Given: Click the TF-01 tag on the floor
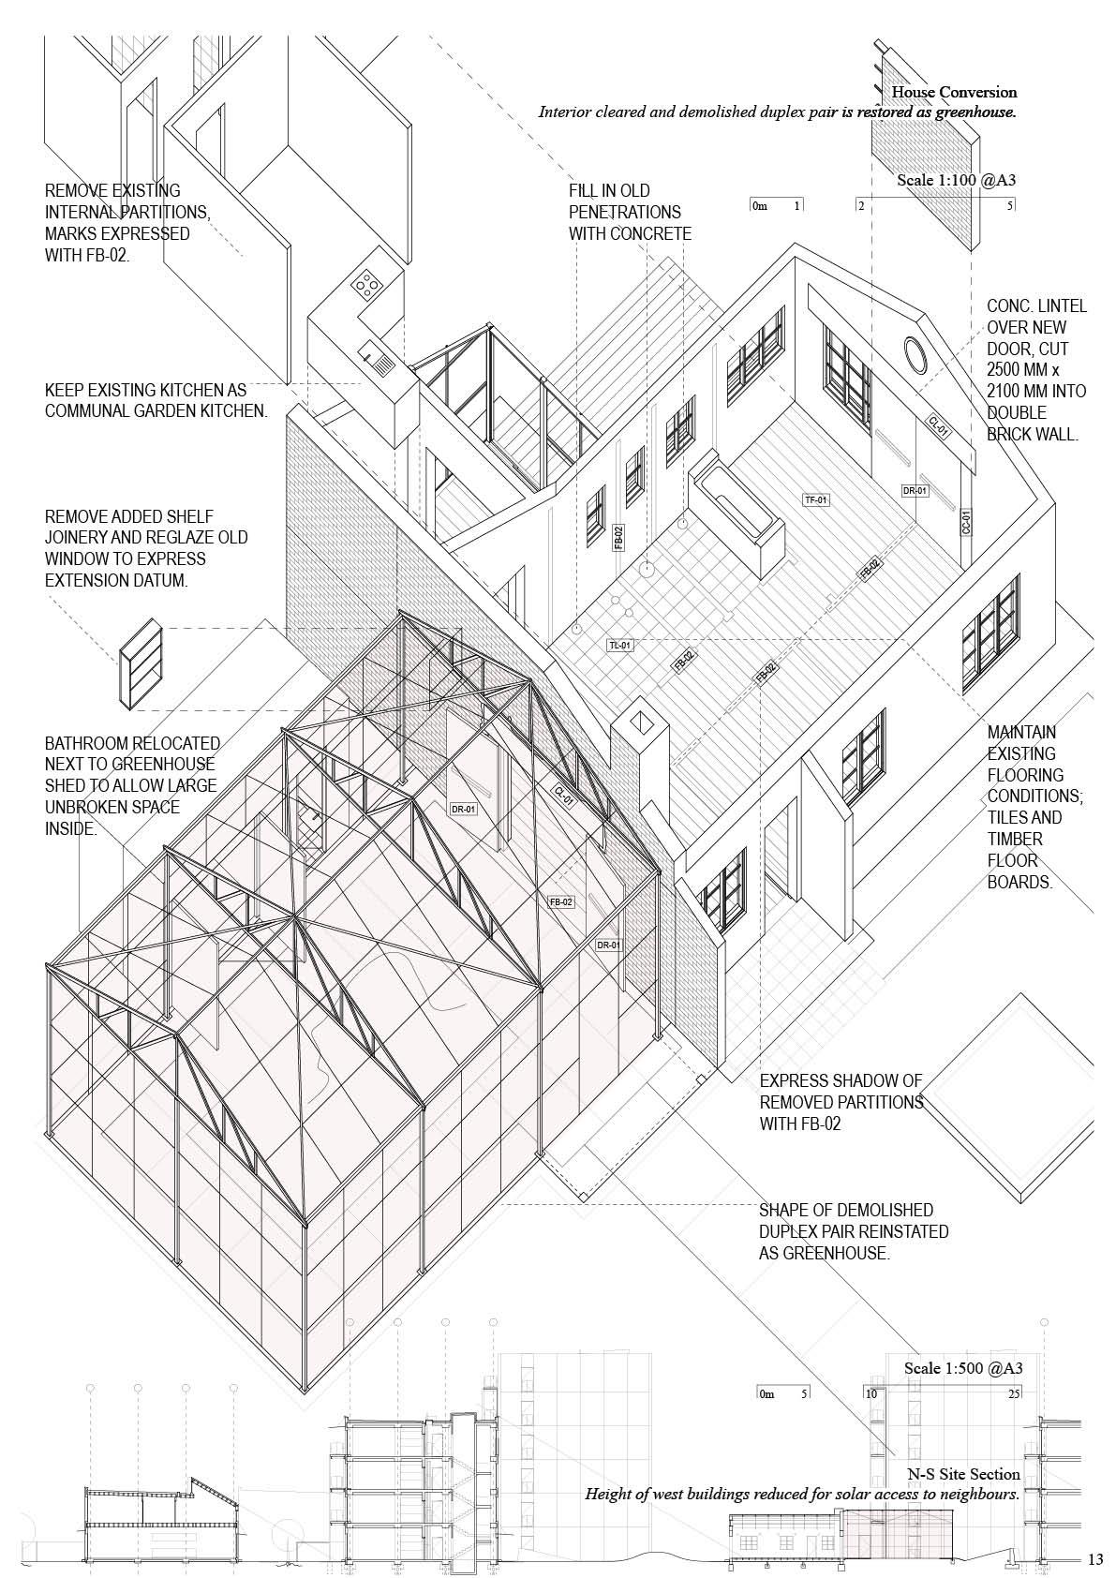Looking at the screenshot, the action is coord(816,500).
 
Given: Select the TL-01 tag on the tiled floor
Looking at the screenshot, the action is coord(620,646).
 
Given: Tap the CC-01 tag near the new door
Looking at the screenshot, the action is coord(966,522).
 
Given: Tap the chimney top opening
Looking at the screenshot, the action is coord(642,723).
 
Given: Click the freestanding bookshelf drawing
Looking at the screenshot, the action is coord(141,661).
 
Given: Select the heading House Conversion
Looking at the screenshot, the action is coord(954,92).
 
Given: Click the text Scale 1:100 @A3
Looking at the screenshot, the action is coord(956,179).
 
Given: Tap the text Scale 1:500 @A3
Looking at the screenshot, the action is coord(962,1368).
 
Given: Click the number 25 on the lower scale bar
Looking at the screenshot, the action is coord(1013,1393).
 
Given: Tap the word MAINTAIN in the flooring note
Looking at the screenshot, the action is coord(1021,732).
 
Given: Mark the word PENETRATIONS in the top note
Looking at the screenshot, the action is coord(625,212).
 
